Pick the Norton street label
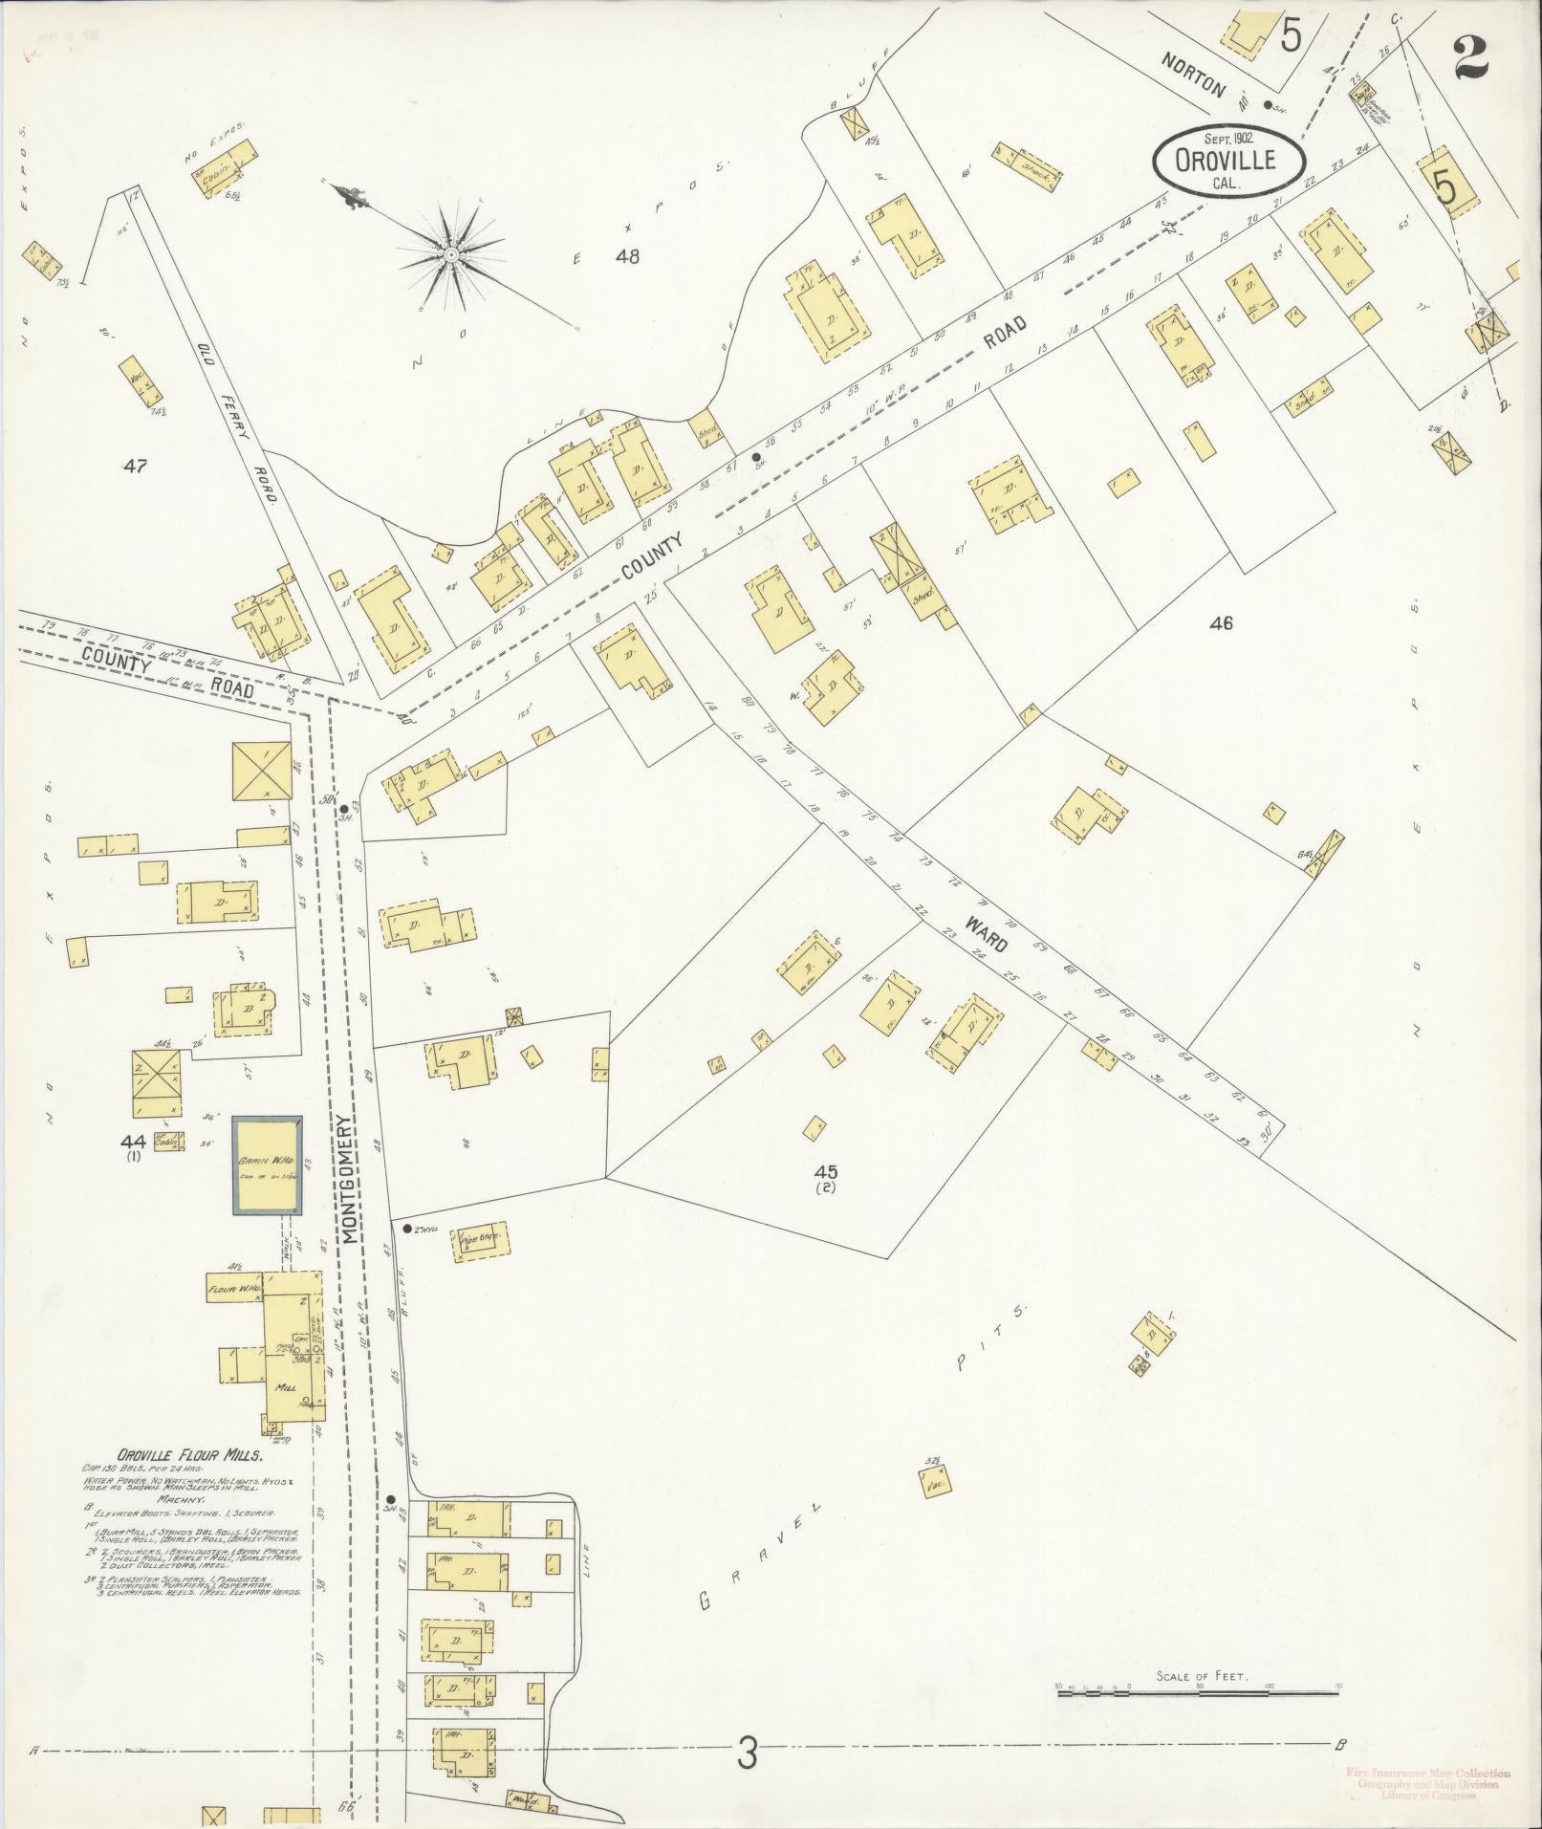[x=1193, y=75]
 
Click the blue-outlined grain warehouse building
[x=269, y=1165]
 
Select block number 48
[x=626, y=255]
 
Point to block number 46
[x=1221, y=623]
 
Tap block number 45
[x=826, y=1171]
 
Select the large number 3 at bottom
[x=747, y=1753]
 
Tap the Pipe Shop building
[x=482, y=1242]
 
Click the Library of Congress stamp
[x=1428, y=1782]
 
